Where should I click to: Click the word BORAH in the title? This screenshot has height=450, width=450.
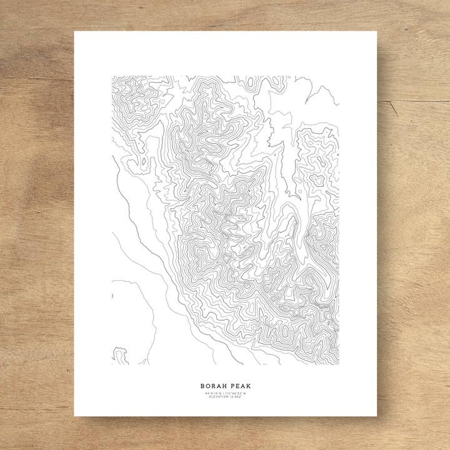(214, 386)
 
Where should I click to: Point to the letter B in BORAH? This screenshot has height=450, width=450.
(202, 386)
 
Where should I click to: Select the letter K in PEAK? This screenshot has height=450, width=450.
(249, 386)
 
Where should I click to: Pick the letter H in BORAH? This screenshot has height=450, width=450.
(225, 386)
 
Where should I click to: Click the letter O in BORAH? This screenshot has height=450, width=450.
(208, 386)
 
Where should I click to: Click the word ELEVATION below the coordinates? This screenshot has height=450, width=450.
(219, 397)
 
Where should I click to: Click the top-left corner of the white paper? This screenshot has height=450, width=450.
(74, 32)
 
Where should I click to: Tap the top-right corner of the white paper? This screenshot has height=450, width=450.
(377, 32)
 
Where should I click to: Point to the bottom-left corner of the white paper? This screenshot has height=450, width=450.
(74, 416)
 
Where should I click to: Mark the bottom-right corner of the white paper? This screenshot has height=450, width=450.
(377, 416)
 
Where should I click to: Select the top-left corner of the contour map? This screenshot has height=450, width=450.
(112, 77)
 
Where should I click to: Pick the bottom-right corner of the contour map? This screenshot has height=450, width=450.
(339, 364)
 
